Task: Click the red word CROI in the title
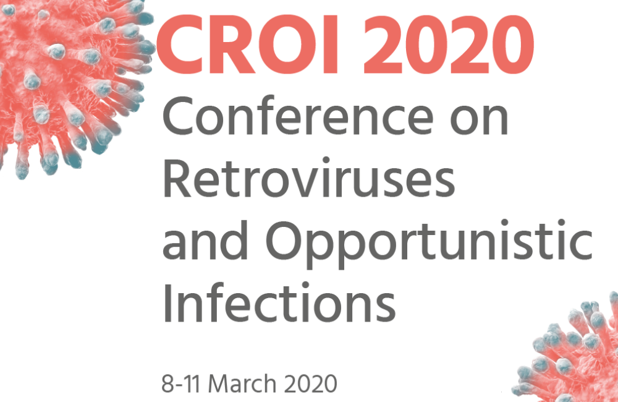(247, 44)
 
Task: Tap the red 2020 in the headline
(449, 44)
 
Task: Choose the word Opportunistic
(429, 244)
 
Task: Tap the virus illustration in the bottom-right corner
(572, 351)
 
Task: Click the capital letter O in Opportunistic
(284, 241)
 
